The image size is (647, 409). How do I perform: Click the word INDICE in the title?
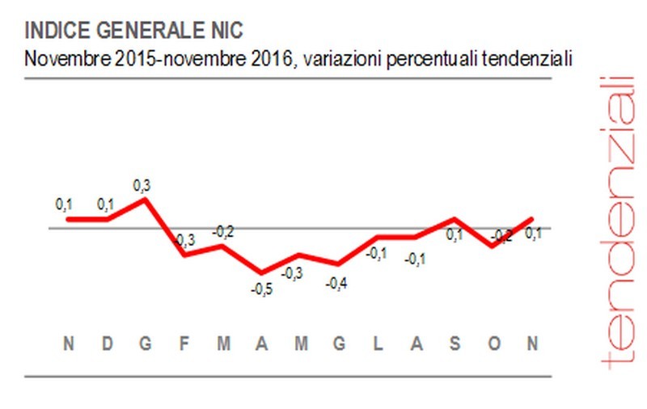pyautogui.click(x=55, y=31)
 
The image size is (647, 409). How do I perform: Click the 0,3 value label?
pyautogui.click(x=145, y=185)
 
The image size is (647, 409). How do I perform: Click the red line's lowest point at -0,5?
pyautogui.click(x=261, y=272)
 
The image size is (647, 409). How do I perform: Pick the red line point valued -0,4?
pyautogui.click(x=339, y=264)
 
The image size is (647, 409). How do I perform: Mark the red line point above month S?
pyautogui.click(x=455, y=219)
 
